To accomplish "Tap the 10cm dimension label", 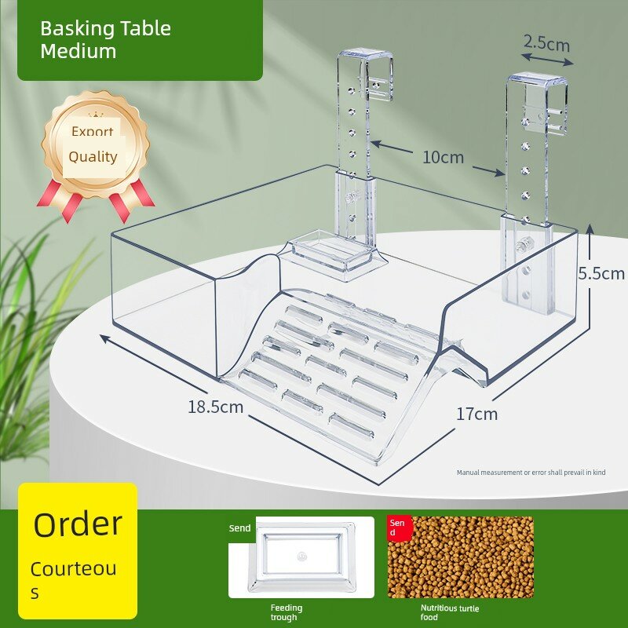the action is coord(443,157).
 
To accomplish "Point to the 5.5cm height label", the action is coord(601,273).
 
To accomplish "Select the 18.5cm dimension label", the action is coord(215,407).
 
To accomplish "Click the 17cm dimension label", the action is coord(477,414).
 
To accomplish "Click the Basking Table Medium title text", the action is coord(106,40).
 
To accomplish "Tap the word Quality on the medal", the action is coord(93,156).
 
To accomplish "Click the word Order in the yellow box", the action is coord(78,524).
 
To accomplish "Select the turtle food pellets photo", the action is coord(461,557).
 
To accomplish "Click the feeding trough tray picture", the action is coord(301,557).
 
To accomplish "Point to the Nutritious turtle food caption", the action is coord(449,612).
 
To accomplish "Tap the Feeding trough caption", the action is coord(286,612).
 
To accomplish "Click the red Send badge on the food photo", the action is coord(400,527).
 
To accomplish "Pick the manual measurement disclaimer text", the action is coord(531,473).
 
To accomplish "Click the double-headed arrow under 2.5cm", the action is coord(547,60).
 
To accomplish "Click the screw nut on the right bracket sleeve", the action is coord(520,245).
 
